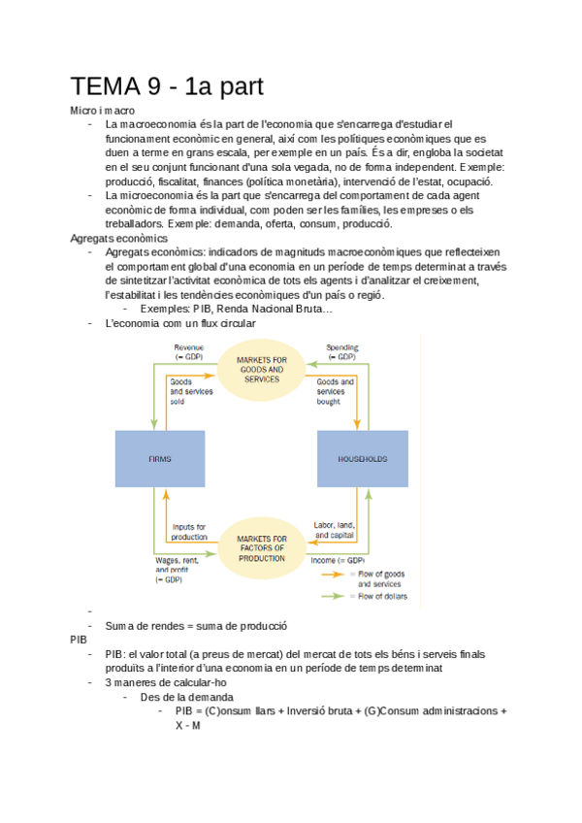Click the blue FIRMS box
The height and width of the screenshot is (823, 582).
tap(159, 458)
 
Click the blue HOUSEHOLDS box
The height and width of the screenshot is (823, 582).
tap(363, 458)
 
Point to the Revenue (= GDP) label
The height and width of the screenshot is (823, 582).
tap(190, 351)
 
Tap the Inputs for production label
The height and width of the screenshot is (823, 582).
tap(189, 532)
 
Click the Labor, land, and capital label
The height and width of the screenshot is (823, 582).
tap(333, 529)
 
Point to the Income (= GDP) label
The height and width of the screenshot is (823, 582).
tap(337, 560)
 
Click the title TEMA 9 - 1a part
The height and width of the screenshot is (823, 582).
tap(167, 86)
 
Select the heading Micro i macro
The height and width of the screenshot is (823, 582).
tap(102, 111)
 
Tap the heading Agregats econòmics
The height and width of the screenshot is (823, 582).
tap(119, 238)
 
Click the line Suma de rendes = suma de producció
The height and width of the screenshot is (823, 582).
tap(196, 626)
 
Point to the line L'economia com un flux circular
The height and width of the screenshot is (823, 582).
tap(180, 323)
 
